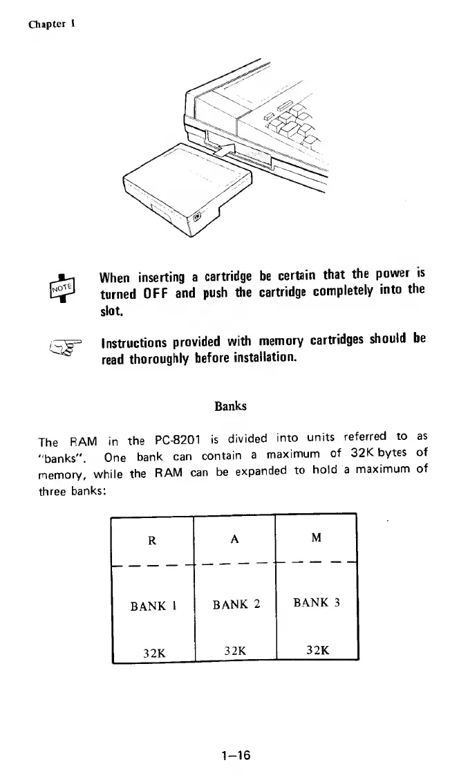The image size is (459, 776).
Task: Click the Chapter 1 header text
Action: click(x=52, y=22)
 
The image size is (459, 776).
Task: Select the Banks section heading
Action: click(x=230, y=405)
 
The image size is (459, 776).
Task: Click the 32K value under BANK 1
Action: click(x=153, y=651)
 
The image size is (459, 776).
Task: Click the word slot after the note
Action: click(x=112, y=313)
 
